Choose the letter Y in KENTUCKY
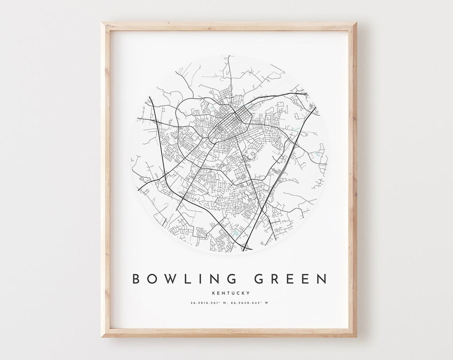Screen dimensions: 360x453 pyautogui.click(x=248, y=293)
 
